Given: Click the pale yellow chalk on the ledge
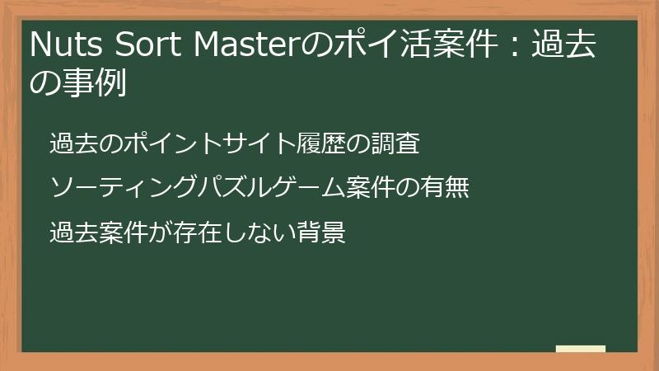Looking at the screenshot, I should tap(580, 349).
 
